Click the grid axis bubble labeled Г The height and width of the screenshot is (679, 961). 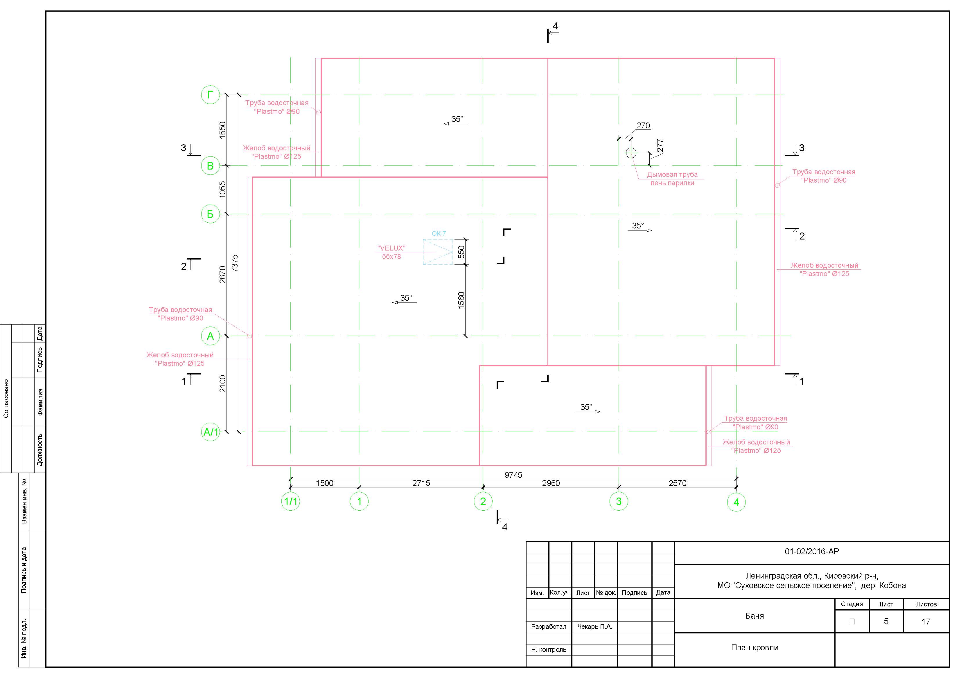211,95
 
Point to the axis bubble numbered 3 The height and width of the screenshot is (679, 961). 619,501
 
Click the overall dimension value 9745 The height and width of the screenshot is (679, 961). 513,475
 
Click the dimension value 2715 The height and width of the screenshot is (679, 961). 421,483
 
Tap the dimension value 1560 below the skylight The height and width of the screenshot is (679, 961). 461,300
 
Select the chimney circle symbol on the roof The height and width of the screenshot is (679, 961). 631,153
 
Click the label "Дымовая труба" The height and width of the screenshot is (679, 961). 672,174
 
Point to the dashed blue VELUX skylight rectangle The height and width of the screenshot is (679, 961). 438,252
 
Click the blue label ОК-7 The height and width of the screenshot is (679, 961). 439,233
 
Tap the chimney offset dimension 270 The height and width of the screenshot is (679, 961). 643,125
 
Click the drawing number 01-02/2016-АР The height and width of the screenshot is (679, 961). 811,551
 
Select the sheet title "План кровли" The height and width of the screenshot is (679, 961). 755,648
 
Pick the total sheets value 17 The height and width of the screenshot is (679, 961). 926,622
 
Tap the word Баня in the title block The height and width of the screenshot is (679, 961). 755,616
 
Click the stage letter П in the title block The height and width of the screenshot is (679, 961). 852,622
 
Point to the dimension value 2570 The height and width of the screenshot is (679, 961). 677,483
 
